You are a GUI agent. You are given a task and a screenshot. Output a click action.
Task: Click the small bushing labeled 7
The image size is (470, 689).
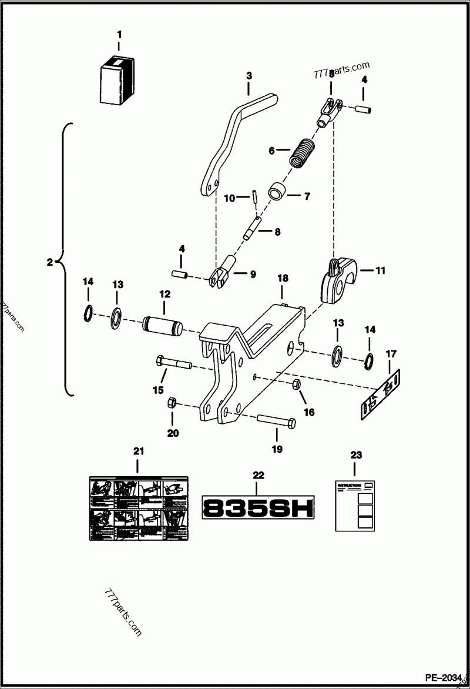click(277, 193)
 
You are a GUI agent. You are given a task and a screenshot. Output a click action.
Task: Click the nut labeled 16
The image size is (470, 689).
click(296, 384)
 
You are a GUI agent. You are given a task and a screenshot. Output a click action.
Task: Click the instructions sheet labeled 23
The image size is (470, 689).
click(354, 507)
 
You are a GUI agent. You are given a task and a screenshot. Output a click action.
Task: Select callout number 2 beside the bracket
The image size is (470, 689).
click(50, 262)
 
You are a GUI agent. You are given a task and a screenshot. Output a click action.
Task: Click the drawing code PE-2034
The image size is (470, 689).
click(444, 677)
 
